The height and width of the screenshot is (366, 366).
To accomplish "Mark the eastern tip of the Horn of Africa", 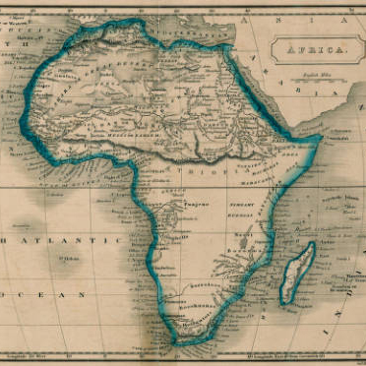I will (x=321, y=142).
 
